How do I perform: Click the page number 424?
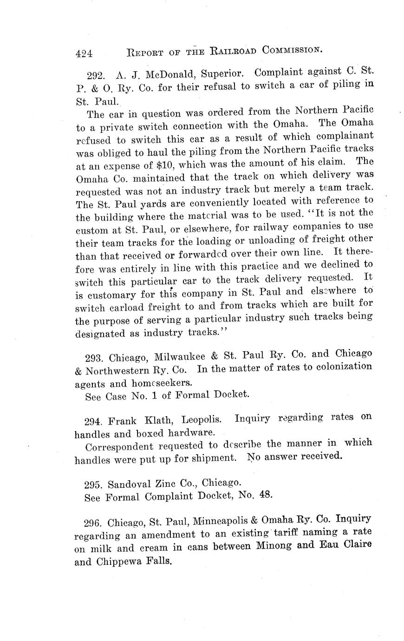(x=84, y=53)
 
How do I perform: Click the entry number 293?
(x=96, y=358)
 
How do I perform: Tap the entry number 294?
(x=95, y=422)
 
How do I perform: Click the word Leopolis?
(x=201, y=420)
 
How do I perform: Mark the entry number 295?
(x=95, y=484)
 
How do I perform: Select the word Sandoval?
(x=129, y=484)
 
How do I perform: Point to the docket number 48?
(x=265, y=494)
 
